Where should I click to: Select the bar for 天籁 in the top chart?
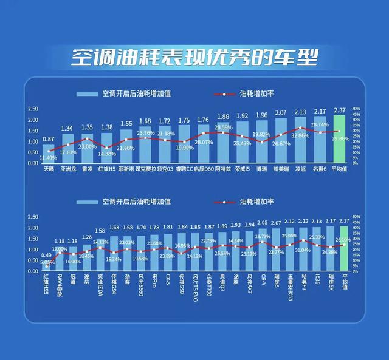49,155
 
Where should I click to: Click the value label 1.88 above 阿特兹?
223,117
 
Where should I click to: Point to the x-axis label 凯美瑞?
281,170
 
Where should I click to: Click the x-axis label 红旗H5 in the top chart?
106,170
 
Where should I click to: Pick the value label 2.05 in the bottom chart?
262,223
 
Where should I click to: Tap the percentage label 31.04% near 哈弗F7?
302,250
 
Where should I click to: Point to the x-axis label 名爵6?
320,170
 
